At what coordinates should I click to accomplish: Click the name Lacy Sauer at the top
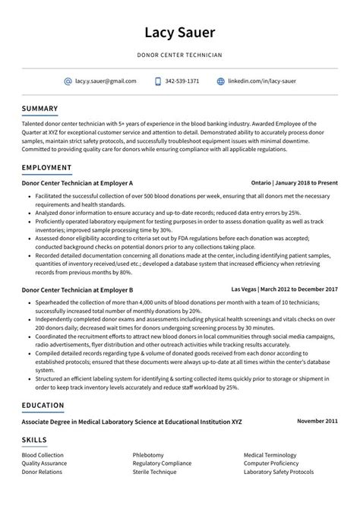tap(180, 33)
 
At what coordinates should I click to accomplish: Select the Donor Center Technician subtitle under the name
tap(180, 55)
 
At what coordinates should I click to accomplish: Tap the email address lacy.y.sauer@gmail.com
tap(106, 81)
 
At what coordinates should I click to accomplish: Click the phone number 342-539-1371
tap(182, 81)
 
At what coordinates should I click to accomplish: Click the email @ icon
tap(68, 81)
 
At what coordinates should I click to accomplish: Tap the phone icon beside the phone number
tap(158, 81)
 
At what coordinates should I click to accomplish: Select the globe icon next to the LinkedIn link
tap(221, 81)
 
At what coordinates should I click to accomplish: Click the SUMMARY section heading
tap(40, 108)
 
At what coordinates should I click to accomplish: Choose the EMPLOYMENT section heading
tap(47, 167)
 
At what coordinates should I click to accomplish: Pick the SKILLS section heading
tap(34, 440)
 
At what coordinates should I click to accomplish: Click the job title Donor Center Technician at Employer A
tap(77, 184)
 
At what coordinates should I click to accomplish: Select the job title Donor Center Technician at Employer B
tap(77, 290)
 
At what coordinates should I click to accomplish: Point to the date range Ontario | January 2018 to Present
tap(295, 184)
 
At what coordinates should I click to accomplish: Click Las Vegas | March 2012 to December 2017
tap(288, 290)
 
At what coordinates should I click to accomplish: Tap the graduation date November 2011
tap(317, 420)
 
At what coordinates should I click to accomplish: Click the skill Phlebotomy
tap(148, 455)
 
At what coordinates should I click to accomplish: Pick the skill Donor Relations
tap(42, 472)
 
